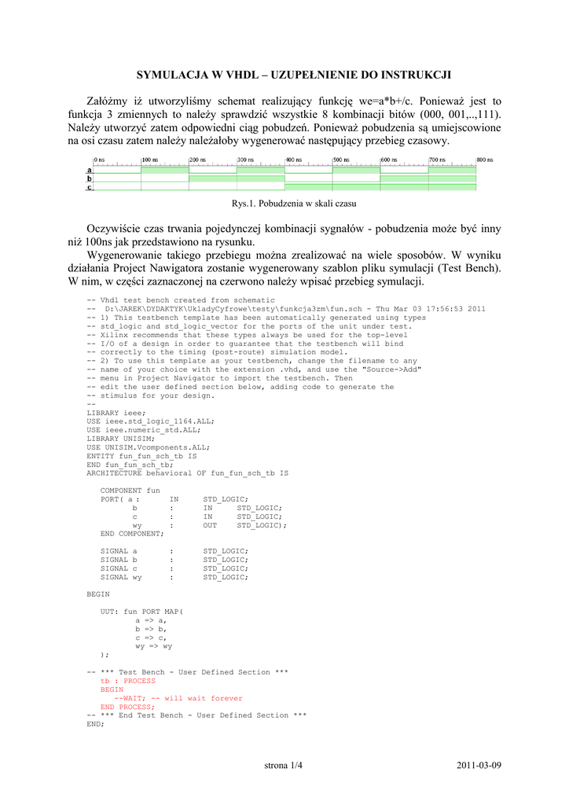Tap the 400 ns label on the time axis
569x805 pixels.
294,160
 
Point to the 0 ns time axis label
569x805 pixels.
99,160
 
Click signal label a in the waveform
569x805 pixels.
90,170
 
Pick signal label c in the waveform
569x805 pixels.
90,188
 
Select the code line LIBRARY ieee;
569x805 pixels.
116,413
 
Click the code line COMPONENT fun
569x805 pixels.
130,491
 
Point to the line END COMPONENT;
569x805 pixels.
132,533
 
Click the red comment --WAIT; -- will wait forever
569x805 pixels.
178,698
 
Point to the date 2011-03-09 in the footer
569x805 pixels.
479,766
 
